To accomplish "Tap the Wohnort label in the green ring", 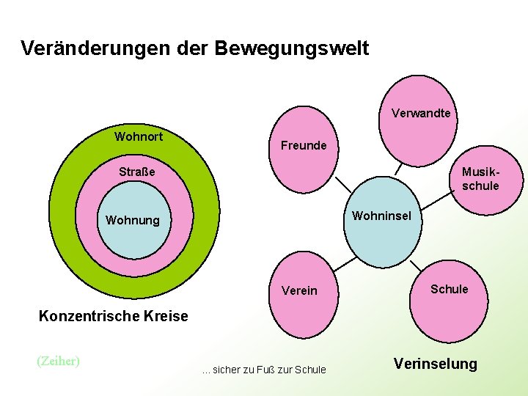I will pos(139,136).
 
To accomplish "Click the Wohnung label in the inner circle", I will pos(132,220).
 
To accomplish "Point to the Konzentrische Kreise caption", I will pos(113,316).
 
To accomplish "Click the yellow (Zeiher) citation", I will pos(58,360).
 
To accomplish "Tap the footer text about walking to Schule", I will pos(264,370).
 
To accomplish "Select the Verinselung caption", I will pos(435,364).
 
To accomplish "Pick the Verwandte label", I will pos(421,113).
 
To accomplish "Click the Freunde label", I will pos(304,145).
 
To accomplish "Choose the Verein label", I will pos(299,290).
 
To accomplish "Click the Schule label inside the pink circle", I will pos(449,289).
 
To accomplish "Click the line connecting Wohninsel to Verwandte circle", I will pos(398,169).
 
